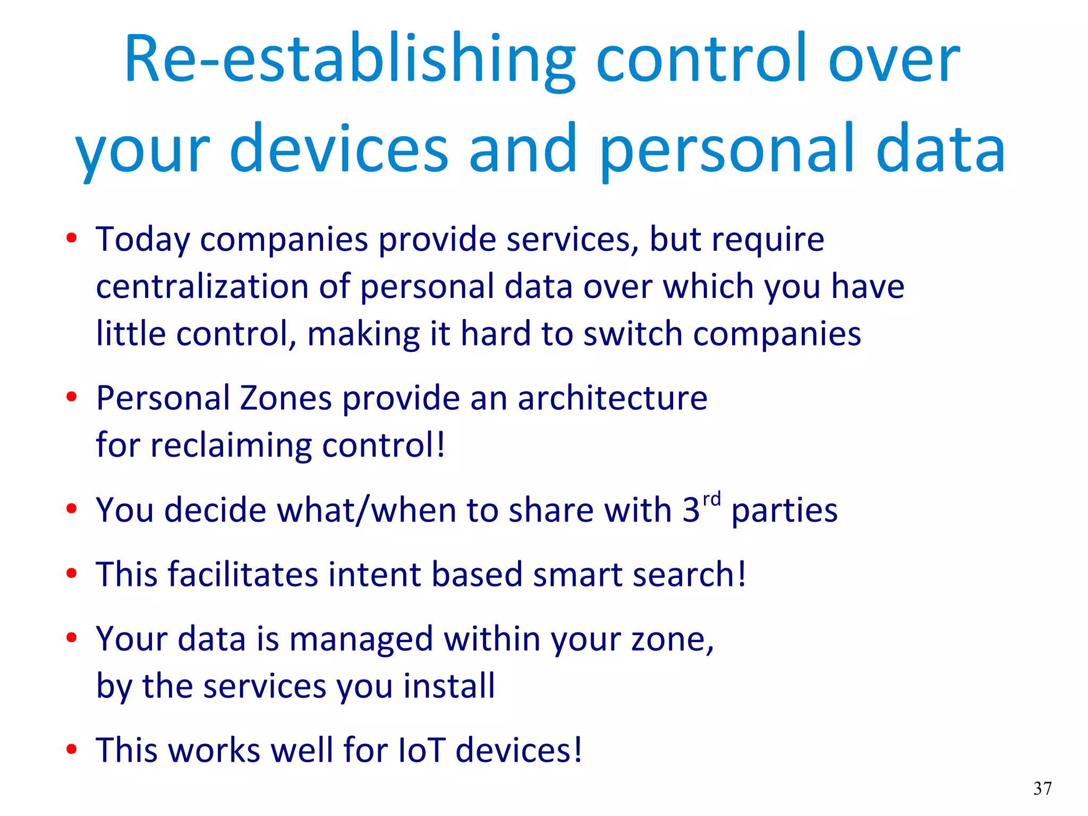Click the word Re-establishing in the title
coord(349,60)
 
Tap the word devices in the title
coord(339,149)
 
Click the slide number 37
coord(1042,788)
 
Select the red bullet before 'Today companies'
coord(72,238)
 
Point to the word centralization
coord(202,287)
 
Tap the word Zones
coord(286,398)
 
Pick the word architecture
coord(612,398)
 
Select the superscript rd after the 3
coord(711,500)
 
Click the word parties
coord(784,510)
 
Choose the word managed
coord(361,640)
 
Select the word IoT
coord(421,750)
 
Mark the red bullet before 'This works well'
coord(72,750)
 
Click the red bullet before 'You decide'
coord(72,509)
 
